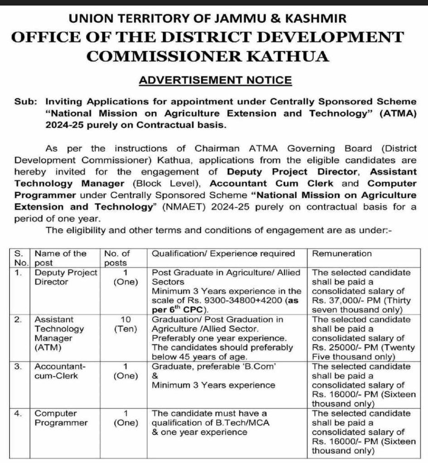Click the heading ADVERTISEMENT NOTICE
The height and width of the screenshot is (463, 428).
click(215, 80)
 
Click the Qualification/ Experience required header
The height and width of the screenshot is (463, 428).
click(223, 254)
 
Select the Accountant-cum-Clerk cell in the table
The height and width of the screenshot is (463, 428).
click(58, 371)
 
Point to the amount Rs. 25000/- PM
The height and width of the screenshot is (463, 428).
click(347, 348)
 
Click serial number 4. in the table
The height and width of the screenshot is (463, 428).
click(18, 413)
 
